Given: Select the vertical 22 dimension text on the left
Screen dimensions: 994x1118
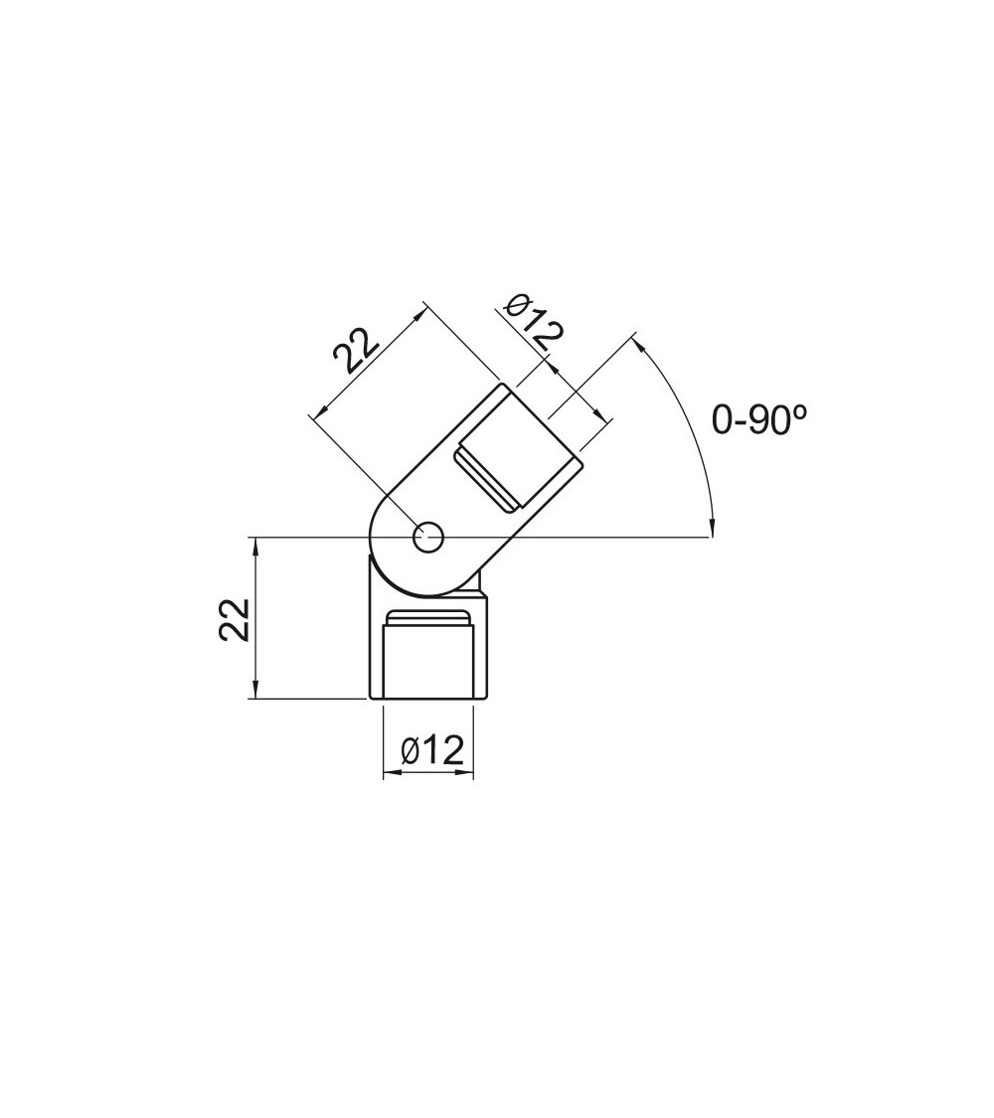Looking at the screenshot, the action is [x=235, y=621].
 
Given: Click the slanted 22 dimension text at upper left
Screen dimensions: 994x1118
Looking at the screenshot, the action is [x=356, y=350].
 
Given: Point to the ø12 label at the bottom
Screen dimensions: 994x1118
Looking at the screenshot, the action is [x=432, y=750].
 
